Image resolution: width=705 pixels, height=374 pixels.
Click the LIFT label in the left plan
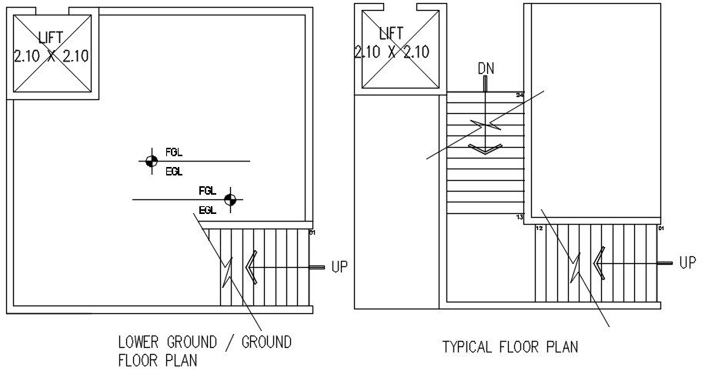pyautogui.click(x=51, y=37)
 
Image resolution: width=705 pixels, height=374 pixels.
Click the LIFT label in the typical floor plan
pyautogui.click(x=391, y=33)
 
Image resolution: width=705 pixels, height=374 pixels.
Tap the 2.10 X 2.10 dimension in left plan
pyautogui.click(x=51, y=55)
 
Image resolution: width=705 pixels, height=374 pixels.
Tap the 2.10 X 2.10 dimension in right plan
pyautogui.click(x=391, y=52)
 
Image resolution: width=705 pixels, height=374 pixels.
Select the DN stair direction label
pyautogui.click(x=486, y=68)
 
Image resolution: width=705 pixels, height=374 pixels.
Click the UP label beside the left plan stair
pyautogui.click(x=339, y=267)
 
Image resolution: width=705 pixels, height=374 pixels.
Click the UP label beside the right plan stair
pyautogui.click(x=687, y=263)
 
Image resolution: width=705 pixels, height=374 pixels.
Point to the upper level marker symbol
pyautogui.click(x=150, y=161)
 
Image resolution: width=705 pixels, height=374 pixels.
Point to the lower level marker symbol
pyautogui.click(x=229, y=200)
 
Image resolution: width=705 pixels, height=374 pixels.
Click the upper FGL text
pyautogui.click(x=174, y=152)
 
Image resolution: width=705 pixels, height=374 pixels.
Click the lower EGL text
pyautogui.click(x=207, y=210)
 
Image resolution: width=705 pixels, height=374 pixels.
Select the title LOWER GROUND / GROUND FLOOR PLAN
pyautogui.click(x=204, y=351)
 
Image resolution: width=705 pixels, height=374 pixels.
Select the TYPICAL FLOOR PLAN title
pyautogui.click(x=510, y=347)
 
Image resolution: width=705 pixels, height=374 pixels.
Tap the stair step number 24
pyautogui.click(x=520, y=95)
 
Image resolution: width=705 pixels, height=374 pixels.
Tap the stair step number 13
pyautogui.click(x=520, y=218)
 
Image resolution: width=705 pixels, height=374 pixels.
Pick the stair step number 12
pyautogui.click(x=540, y=229)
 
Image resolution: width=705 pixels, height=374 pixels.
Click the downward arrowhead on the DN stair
pyautogui.click(x=486, y=149)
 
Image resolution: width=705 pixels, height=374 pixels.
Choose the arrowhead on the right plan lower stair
pyautogui.click(x=598, y=263)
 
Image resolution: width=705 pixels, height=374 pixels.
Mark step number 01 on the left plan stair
pyautogui.click(x=312, y=232)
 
